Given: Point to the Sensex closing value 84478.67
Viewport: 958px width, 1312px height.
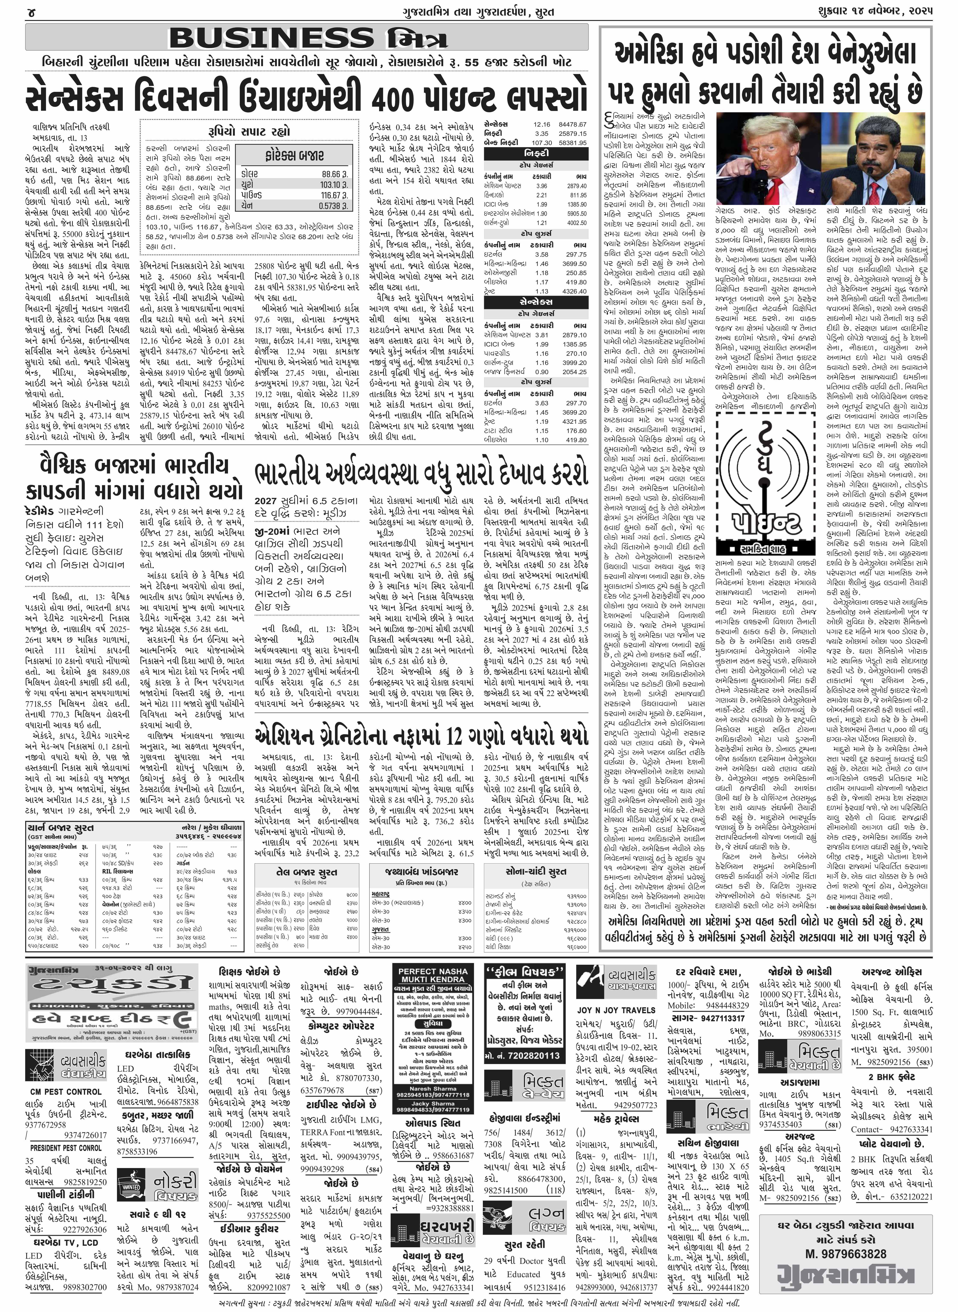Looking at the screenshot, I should [x=572, y=124].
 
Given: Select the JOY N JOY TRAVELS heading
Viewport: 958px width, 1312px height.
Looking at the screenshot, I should [x=616, y=1010].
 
